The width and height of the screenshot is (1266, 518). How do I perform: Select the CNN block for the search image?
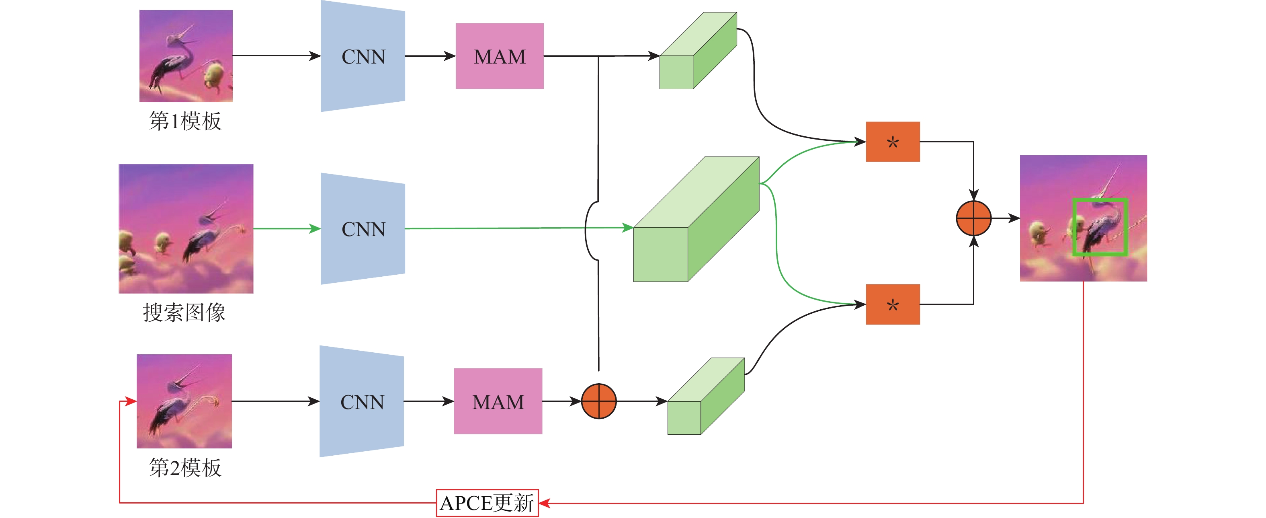tap(363, 229)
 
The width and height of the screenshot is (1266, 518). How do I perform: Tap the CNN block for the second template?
tap(362, 401)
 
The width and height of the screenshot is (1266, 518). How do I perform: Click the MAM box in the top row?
tap(499, 56)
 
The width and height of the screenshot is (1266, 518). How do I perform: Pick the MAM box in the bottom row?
tap(498, 401)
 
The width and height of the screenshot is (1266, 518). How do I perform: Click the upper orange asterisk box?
tap(893, 142)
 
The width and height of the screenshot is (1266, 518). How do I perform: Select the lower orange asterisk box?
tap(893, 304)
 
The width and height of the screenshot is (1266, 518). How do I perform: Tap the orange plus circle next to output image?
tap(973, 218)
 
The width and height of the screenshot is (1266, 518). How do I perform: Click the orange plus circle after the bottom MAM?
tap(598, 401)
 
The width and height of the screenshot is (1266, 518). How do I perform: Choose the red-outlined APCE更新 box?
tap(487, 503)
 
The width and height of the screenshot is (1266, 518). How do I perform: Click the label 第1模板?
tap(185, 121)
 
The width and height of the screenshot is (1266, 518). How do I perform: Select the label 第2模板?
tap(185, 467)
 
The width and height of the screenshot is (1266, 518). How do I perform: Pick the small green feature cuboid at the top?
tap(697, 51)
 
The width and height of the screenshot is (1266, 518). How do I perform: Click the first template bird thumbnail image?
tap(186, 56)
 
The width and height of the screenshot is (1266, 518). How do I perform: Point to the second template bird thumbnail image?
tap(184, 401)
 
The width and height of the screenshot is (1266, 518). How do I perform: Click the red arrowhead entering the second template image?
tap(131, 401)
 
